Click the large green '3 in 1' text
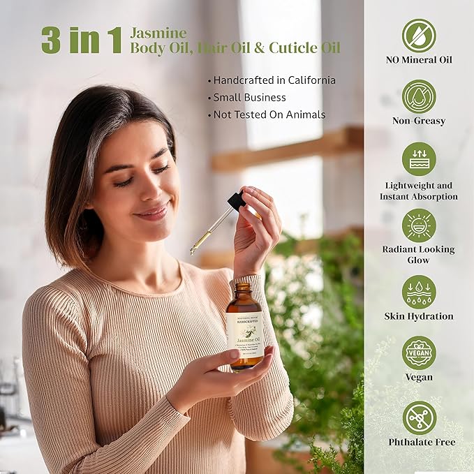coord(81,40)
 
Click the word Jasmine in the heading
coord(158,32)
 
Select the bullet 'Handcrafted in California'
coord(274,80)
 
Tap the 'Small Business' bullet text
coord(249,98)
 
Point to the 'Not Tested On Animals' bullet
coord(269,115)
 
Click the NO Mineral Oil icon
coord(419,35)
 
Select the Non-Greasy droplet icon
coord(419,96)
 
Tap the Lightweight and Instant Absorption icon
coord(419,159)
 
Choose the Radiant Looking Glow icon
coord(419,225)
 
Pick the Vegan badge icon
coord(419,353)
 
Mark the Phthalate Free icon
coord(419,417)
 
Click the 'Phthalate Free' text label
coord(422,442)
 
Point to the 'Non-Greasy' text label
coord(419,121)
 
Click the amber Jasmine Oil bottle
coord(245,328)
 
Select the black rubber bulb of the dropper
coord(237,201)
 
